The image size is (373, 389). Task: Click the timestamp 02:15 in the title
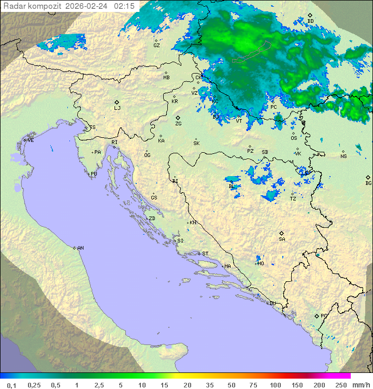(124, 6)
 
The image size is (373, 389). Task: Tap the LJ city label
(117, 108)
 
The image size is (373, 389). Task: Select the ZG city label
(178, 124)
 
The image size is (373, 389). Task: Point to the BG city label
(368, 183)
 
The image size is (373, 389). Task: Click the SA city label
(282, 239)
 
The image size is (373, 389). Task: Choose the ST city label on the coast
(205, 254)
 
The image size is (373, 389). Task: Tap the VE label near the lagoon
(31, 140)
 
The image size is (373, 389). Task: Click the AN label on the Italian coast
(80, 248)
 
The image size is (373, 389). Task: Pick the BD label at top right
(310, 21)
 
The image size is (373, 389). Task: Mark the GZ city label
(156, 45)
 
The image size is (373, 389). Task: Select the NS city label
(343, 156)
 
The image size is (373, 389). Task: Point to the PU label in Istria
(94, 174)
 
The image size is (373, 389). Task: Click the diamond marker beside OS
(294, 133)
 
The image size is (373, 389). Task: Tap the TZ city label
(293, 198)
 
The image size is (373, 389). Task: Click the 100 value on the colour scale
(275, 385)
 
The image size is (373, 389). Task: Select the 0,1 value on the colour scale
(11, 385)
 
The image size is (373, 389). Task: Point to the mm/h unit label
(360, 385)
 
